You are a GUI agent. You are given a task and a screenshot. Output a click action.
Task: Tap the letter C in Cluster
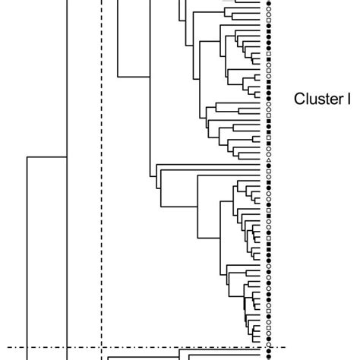(x=299, y=98)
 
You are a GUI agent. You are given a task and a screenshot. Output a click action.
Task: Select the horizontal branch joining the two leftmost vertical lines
(x=47, y=157)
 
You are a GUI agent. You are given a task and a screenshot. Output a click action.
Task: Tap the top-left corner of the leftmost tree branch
(x=27, y=157)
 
